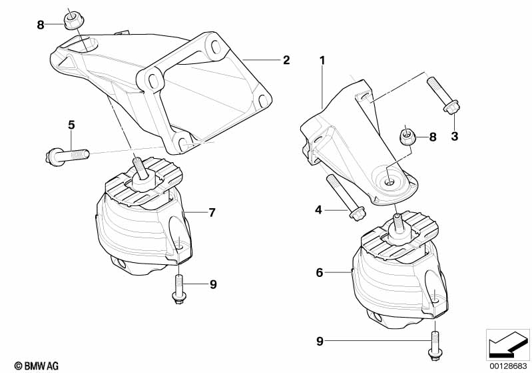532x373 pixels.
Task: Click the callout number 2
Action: tap(286, 60)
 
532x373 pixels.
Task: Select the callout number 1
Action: tap(322, 60)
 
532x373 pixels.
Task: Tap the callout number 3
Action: tap(455, 136)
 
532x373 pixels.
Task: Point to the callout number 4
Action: tap(319, 210)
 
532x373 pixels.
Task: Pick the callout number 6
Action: tap(319, 272)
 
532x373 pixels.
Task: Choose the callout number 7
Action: tap(211, 213)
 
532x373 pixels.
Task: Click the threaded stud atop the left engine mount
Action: tap(140, 167)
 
